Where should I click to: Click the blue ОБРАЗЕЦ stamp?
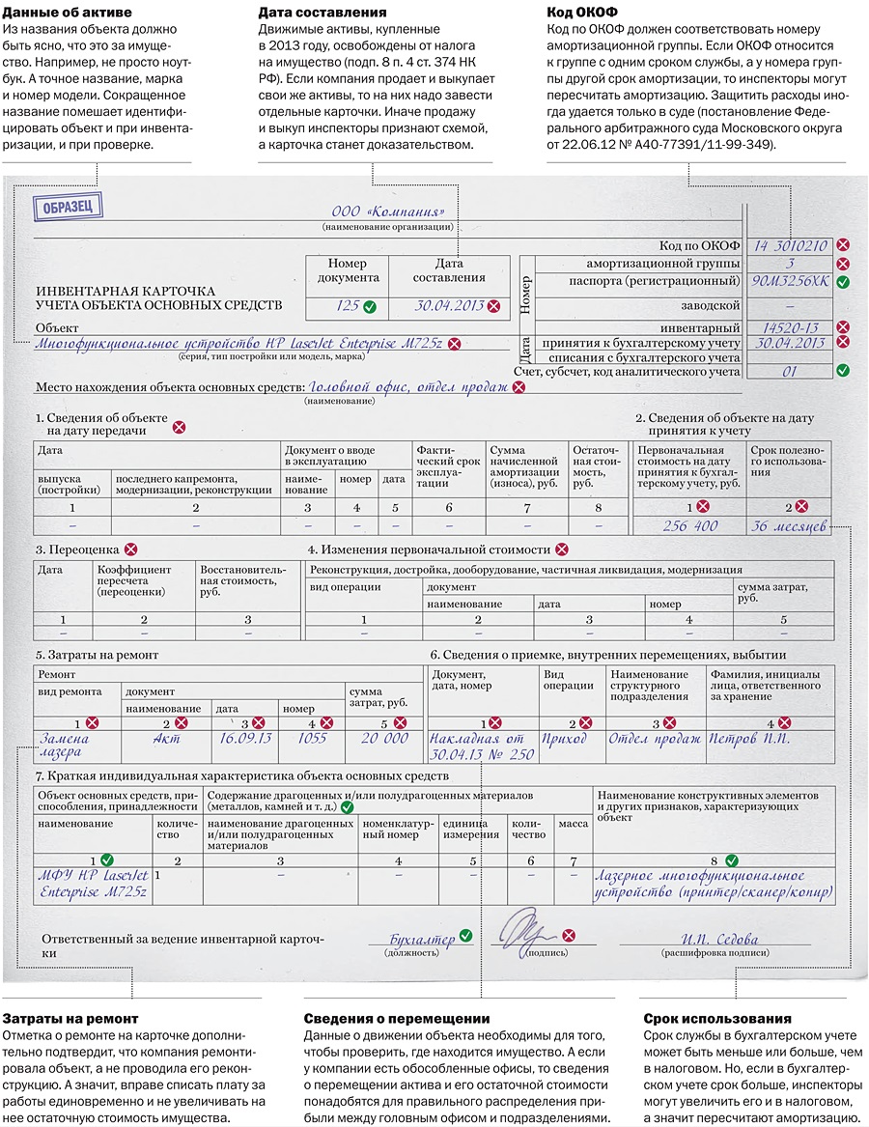(63, 207)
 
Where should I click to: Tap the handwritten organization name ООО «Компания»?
(388, 211)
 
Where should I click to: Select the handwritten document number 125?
(347, 305)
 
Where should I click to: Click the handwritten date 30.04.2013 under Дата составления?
(449, 305)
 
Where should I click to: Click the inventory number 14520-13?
(790, 327)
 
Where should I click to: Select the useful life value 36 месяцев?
(789, 526)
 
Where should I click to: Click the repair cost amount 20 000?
(384, 738)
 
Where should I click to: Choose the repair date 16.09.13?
(245, 738)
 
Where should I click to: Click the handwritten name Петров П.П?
(749, 738)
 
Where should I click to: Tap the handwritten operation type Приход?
(564, 738)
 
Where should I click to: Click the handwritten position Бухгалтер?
(422, 938)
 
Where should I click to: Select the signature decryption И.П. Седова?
(719, 939)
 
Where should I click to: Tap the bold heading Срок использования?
(717, 1018)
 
